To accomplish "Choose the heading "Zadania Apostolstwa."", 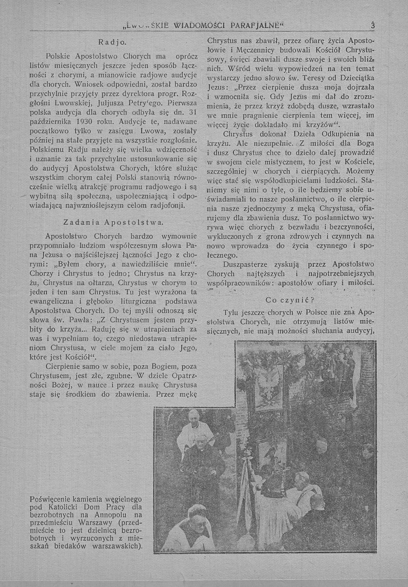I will click(113, 222).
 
